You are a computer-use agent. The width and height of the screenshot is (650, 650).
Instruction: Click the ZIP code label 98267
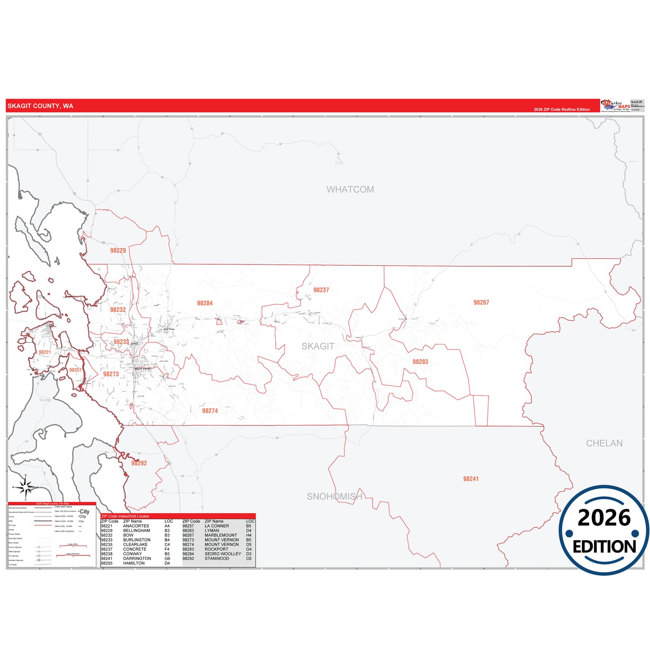tap(481, 302)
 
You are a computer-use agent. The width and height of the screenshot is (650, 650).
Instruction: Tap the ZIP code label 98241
tap(471, 479)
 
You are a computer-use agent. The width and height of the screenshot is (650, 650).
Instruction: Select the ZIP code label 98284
tap(205, 303)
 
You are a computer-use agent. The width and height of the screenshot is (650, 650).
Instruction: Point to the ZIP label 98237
tap(321, 290)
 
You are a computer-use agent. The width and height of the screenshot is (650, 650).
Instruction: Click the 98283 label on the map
tap(420, 362)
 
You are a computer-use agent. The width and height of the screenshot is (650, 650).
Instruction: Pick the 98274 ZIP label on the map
tap(210, 411)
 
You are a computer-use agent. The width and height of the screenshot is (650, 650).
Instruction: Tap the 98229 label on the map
tap(118, 251)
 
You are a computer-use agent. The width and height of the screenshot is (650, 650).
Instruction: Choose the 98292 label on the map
tap(139, 463)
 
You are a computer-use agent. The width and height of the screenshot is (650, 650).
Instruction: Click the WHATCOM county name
tap(350, 189)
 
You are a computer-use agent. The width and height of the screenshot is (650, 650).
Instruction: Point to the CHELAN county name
tap(604, 443)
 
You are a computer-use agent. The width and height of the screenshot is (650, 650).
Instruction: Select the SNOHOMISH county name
tap(334, 496)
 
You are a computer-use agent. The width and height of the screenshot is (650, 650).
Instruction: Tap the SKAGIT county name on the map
tap(318, 346)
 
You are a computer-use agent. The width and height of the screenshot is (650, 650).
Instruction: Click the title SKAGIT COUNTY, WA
tap(40, 106)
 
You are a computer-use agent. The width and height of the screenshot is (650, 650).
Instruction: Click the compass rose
tap(26, 487)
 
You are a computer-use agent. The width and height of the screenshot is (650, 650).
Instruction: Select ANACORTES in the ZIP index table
tap(136, 526)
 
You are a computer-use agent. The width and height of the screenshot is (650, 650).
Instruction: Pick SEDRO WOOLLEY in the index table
tap(223, 554)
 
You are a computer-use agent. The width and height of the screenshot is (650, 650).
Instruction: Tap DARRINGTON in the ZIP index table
tap(137, 559)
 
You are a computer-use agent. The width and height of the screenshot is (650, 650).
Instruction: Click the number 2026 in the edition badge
tap(604, 518)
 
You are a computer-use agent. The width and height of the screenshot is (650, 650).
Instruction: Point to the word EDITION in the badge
tap(604, 547)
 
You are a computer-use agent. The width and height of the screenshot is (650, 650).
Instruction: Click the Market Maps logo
tap(616, 106)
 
